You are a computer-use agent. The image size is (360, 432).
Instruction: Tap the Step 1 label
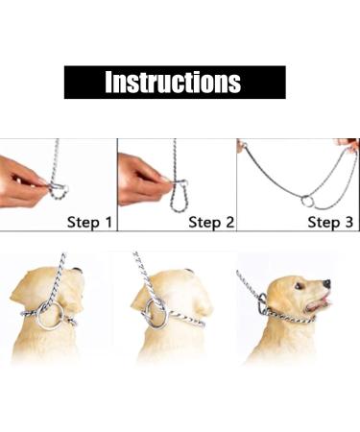(x=89, y=223)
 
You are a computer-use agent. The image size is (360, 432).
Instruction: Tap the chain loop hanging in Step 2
(x=180, y=196)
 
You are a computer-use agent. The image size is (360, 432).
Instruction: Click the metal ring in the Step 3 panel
(x=307, y=202)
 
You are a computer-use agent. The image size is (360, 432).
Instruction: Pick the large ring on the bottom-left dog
(x=49, y=317)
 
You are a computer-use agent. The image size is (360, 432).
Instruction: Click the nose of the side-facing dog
(x=326, y=283)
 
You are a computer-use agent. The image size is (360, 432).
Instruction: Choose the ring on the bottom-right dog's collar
(x=261, y=305)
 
